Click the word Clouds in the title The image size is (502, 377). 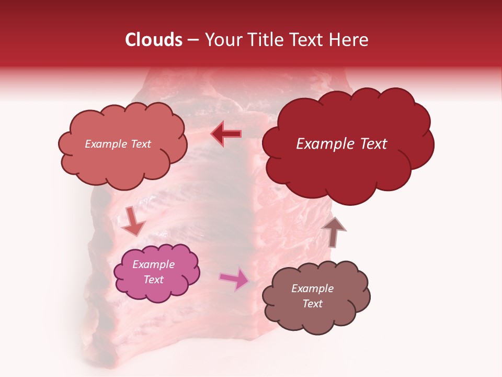[154, 40]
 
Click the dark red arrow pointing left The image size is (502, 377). [226, 134]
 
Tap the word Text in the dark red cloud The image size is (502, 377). [373, 144]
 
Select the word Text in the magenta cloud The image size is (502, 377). [154, 280]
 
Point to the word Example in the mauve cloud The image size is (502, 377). [312, 289]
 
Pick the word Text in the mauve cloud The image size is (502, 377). [312, 304]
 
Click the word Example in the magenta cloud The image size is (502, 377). [154, 264]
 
